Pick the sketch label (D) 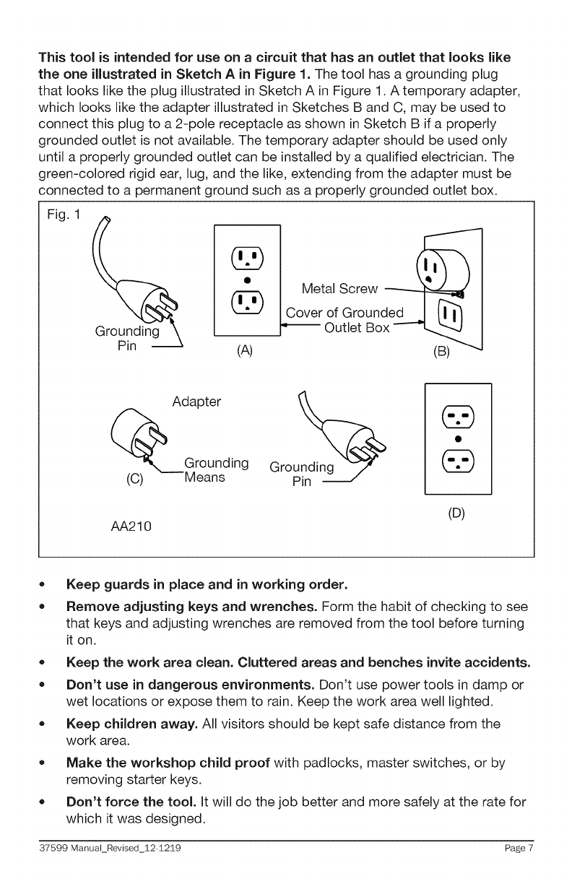tap(457, 514)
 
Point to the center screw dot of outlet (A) tap(247, 278)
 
